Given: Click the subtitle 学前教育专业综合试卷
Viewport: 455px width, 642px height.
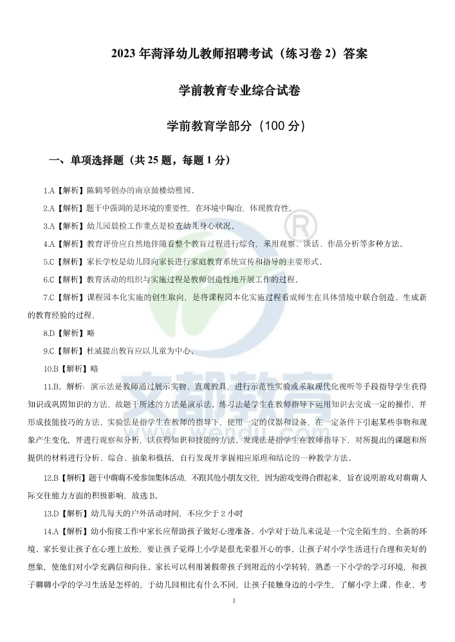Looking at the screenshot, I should pyautogui.click(x=239, y=91).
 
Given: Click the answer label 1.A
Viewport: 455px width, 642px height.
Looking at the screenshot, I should pyautogui.click(x=49, y=191).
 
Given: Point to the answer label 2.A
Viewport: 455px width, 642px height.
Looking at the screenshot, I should pyautogui.click(x=49, y=208).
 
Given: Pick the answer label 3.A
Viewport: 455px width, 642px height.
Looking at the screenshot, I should pyautogui.click(x=49, y=226).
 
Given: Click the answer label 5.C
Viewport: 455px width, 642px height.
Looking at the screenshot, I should pyautogui.click(x=49, y=262).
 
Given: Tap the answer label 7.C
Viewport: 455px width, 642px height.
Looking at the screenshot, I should pyautogui.click(x=49, y=298).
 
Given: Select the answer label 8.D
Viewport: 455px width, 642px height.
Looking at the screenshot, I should pyautogui.click(x=49, y=333).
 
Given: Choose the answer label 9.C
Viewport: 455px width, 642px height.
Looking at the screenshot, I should pyautogui.click(x=49, y=351).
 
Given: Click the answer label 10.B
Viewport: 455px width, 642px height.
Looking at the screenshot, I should pyautogui.click(x=51, y=369).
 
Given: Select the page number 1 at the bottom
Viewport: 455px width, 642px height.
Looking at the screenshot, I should pyautogui.click(x=234, y=601).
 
